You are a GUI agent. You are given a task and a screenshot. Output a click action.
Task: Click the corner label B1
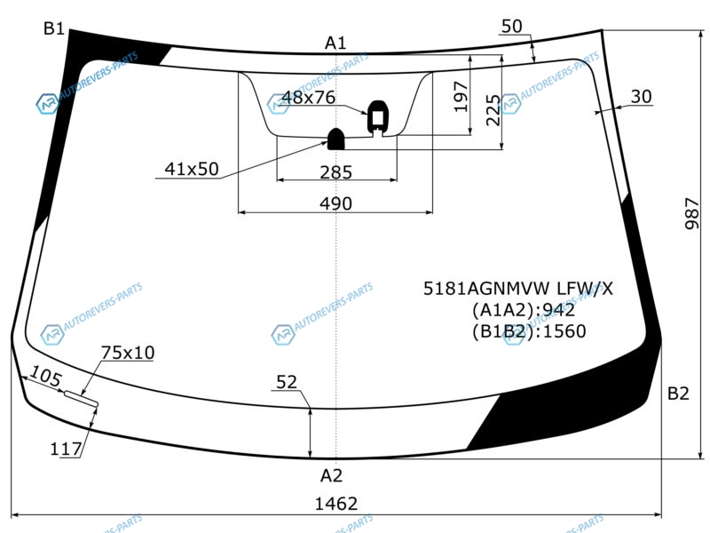[54, 28]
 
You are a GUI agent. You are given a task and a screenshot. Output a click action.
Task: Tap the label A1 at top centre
[335, 43]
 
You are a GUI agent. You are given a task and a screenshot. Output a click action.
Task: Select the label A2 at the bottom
[331, 475]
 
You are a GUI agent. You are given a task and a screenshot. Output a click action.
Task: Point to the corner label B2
[678, 394]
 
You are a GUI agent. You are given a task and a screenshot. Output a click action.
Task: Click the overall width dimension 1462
[337, 505]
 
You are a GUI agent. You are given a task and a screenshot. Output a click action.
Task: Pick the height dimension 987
[693, 214]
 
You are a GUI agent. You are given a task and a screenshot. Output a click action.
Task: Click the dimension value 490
[336, 203]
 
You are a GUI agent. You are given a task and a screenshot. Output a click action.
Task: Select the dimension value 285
[336, 172]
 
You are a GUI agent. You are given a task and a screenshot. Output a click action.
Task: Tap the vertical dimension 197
[461, 97]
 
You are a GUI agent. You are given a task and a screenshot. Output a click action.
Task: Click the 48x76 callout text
[308, 98]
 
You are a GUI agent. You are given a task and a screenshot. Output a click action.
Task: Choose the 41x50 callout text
[192, 169]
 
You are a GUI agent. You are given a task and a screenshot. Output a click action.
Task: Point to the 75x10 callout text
[128, 353]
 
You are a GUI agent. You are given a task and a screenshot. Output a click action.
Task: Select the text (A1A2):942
[523, 310]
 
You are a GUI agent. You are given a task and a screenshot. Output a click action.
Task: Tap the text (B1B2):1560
[529, 331]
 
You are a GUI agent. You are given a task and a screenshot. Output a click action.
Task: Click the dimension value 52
[287, 382]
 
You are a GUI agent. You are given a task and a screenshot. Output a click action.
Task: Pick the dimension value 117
[67, 449]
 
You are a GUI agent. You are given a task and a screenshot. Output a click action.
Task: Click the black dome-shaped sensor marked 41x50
[337, 139]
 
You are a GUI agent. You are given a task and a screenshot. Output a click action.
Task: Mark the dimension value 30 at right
[642, 97]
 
